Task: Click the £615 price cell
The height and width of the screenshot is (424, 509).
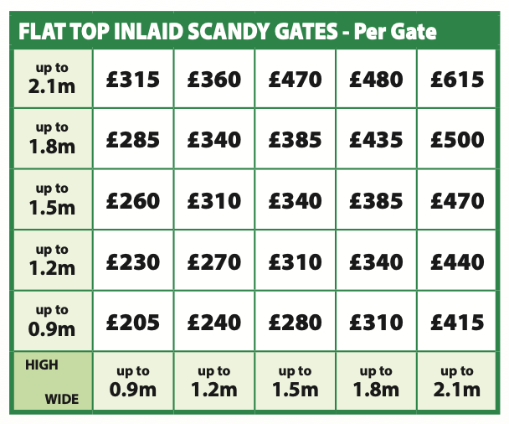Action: point(457,80)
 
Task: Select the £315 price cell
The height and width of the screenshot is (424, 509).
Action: point(133,80)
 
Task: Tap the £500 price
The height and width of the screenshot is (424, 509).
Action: point(457,140)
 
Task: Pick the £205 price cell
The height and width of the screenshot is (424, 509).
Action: point(133,322)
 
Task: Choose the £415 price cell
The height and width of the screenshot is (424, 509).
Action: point(457,322)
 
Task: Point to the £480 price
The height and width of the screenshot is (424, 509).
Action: point(376,80)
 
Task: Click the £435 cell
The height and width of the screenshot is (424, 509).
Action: point(376,140)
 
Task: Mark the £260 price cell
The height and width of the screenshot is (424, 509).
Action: point(133,201)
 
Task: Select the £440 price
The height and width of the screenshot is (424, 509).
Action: point(457,261)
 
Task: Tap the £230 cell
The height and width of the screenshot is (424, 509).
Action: point(133,261)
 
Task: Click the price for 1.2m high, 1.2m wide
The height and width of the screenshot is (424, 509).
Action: point(214,261)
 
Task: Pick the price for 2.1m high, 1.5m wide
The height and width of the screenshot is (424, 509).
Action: point(295,80)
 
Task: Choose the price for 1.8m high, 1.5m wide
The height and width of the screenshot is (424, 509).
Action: point(295,140)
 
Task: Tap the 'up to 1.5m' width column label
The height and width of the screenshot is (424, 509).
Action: point(295,381)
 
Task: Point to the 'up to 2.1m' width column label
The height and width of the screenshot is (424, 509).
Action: point(457,381)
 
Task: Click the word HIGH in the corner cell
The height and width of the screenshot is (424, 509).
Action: point(42,365)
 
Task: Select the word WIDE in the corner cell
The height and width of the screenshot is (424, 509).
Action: point(61,399)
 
